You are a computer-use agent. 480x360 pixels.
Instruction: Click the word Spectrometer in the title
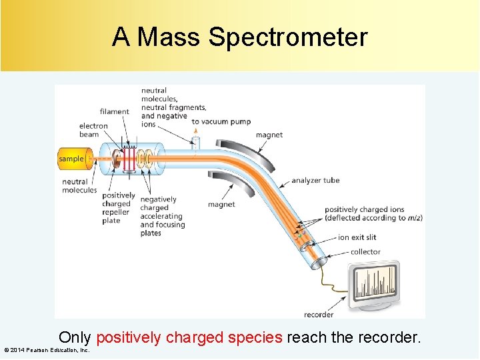click(x=287, y=37)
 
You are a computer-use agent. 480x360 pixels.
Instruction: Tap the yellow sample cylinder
click(x=71, y=159)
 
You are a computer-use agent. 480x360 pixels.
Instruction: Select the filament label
click(x=114, y=111)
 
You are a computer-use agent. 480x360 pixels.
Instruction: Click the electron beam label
click(x=93, y=130)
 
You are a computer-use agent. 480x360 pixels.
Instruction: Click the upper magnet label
click(x=269, y=135)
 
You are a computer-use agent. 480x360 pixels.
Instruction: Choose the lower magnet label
click(x=221, y=205)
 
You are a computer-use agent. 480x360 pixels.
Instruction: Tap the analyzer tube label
click(x=315, y=180)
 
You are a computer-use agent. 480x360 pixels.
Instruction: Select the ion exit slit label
click(x=357, y=237)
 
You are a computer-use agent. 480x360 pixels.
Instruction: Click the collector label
click(x=365, y=251)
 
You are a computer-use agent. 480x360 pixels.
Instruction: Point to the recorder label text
click(x=319, y=315)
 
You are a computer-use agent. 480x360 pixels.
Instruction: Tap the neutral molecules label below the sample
click(x=79, y=186)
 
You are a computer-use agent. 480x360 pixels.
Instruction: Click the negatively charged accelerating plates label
click(x=161, y=216)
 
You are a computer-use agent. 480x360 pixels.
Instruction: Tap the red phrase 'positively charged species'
click(x=189, y=337)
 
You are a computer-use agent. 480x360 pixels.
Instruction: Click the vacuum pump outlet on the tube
click(x=196, y=141)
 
